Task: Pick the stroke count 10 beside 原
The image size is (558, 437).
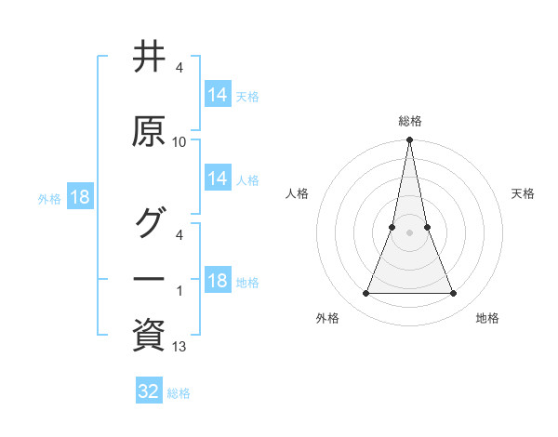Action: [179, 142]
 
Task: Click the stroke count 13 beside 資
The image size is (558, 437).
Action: [179, 347]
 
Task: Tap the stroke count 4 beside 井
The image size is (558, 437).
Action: [179, 68]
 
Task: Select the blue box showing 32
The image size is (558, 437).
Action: [149, 391]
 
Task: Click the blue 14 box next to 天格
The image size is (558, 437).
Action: [217, 94]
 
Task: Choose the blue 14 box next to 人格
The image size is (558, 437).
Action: [217, 179]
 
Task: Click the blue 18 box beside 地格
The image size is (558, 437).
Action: [217, 281]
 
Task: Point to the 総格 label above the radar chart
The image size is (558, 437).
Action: [410, 121]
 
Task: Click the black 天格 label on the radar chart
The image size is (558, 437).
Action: [524, 193]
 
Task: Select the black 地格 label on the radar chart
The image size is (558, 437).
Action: [487, 318]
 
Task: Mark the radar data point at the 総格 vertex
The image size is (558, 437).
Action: [410, 140]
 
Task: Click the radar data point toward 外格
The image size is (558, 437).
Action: [365, 294]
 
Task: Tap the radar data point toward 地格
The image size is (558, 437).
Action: [454, 294]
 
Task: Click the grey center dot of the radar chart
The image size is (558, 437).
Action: [410, 232]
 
